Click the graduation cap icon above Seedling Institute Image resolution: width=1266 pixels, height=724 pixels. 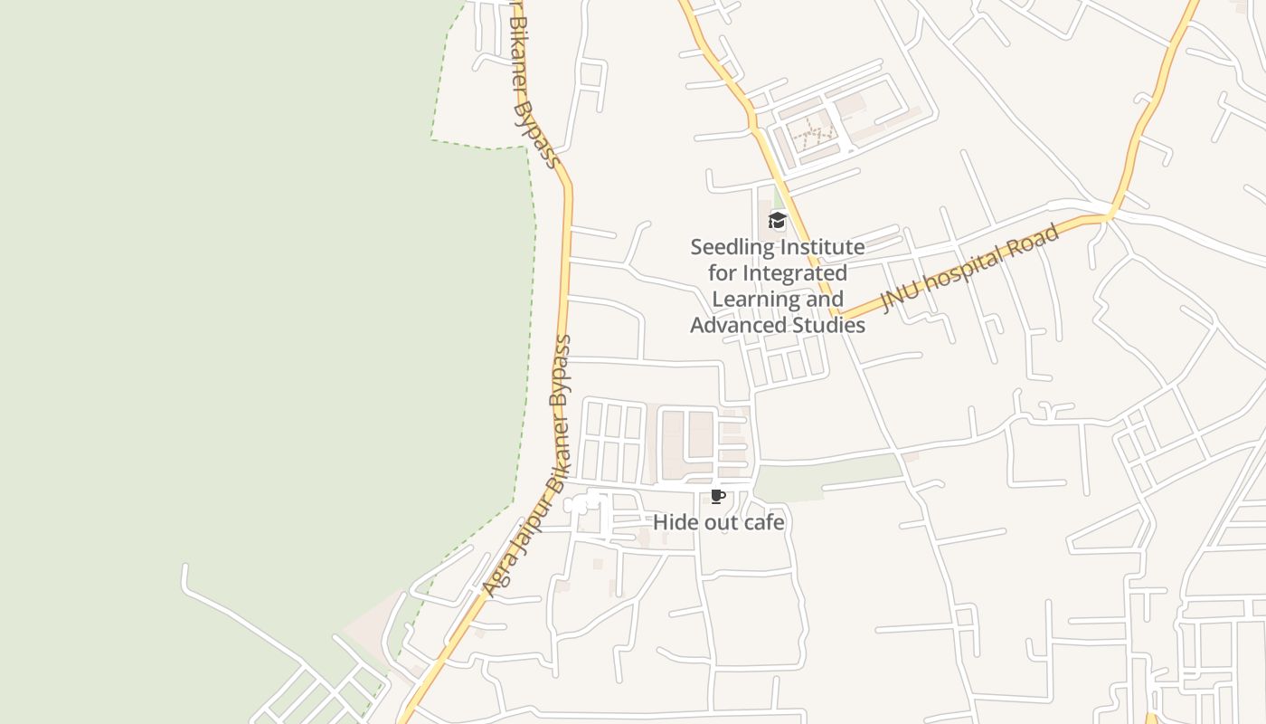click(777, 220)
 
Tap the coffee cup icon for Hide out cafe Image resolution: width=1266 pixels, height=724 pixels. click(717, 497)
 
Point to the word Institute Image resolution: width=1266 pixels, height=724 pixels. click(823, 247)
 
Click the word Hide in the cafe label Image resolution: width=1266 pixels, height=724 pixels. click(672, 523)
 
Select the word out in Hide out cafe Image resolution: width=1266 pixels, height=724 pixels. click(718, 523)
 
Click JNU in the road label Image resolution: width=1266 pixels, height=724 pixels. click(899, 297)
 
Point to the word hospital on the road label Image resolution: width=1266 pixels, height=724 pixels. click(964, 267)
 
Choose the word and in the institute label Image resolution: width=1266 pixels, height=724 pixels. click(824, 300)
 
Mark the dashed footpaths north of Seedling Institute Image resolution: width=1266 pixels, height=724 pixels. click(813, 138)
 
